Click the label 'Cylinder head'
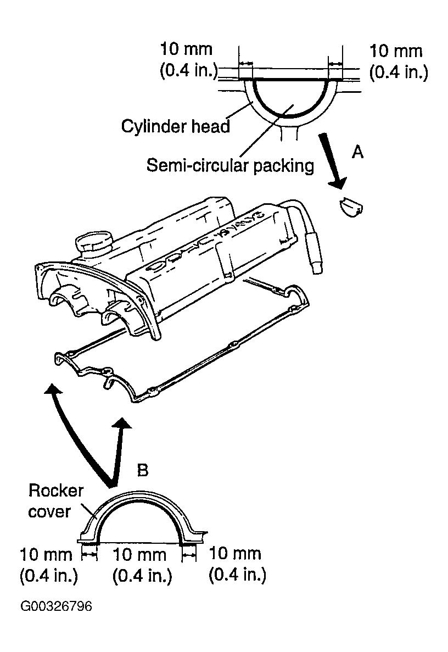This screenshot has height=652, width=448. click(175, 126)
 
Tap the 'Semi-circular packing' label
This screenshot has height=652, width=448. click(230, 165)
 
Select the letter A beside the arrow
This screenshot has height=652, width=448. click(357, 152)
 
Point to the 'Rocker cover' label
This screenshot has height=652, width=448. click(55, 500)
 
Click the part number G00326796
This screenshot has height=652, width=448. click(56, 606)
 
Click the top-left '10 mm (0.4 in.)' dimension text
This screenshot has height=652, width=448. click(188, 60)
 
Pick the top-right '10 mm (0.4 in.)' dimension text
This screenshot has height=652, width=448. click(398, 62)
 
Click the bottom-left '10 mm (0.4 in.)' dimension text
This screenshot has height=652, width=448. click(48, 565)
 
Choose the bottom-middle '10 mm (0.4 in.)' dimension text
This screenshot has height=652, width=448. click(141, 565)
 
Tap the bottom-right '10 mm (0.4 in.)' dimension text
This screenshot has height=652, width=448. click(237, 564)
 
